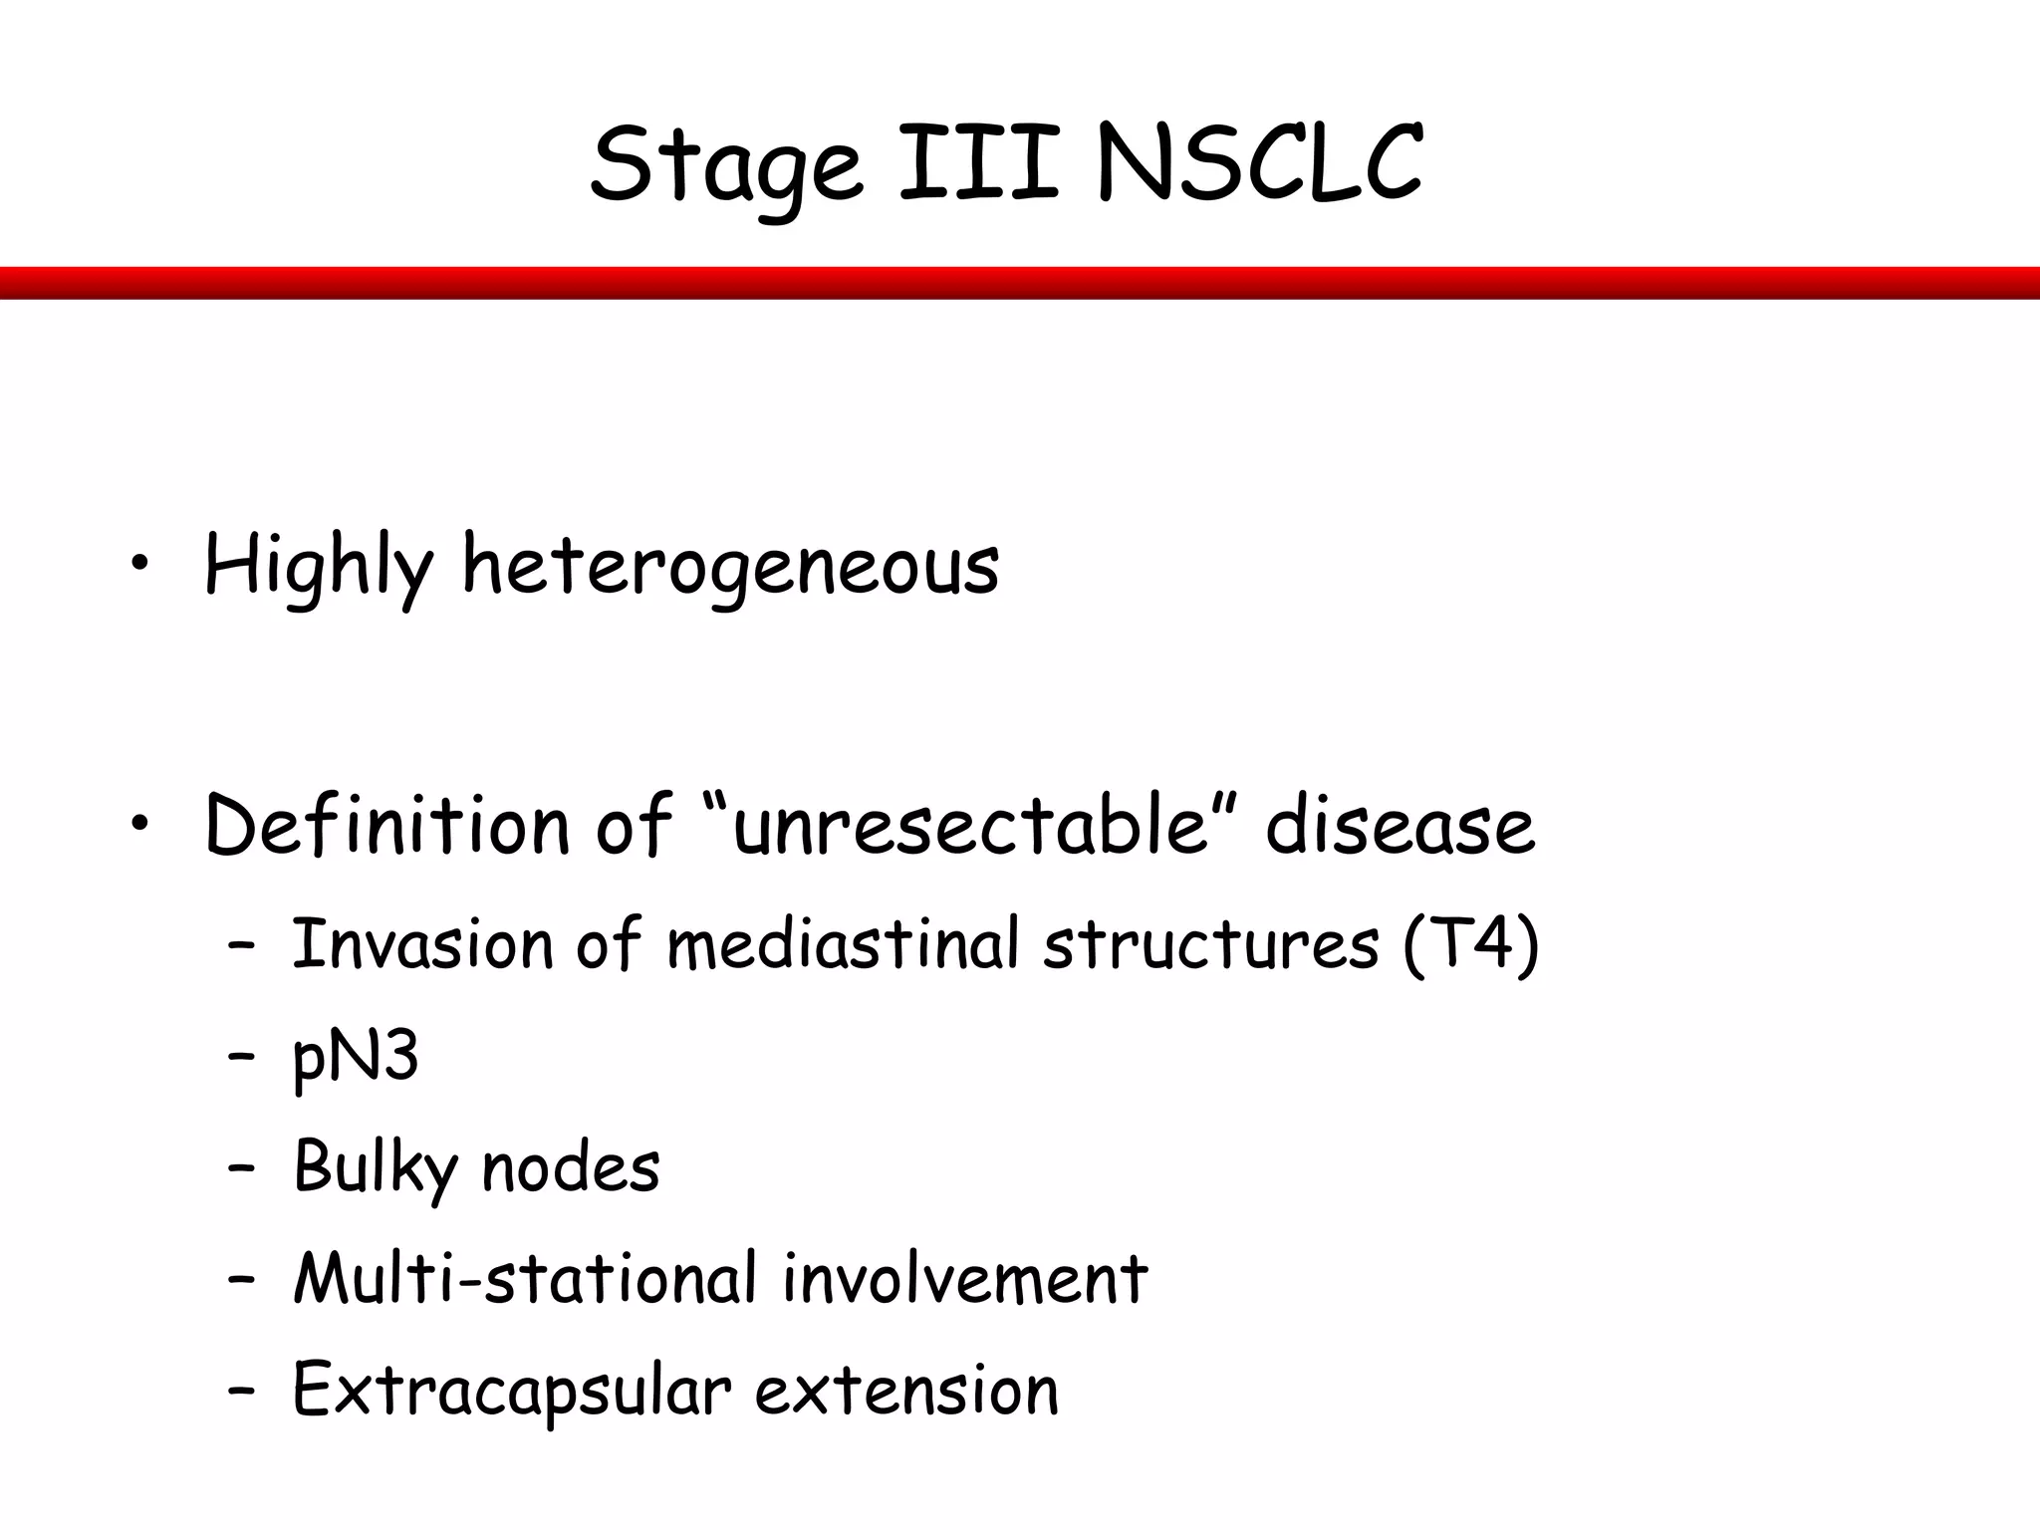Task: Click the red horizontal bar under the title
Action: (1020, 283)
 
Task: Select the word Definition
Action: (386, 825)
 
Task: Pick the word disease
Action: (1400, 825)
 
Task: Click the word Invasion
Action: (422, 943)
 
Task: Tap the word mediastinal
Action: (843, 943)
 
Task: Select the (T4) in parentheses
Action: (1470, 943)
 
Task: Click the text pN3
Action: (356, 1058)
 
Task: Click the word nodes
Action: (571, 1167)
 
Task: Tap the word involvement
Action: (965, 1278)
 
